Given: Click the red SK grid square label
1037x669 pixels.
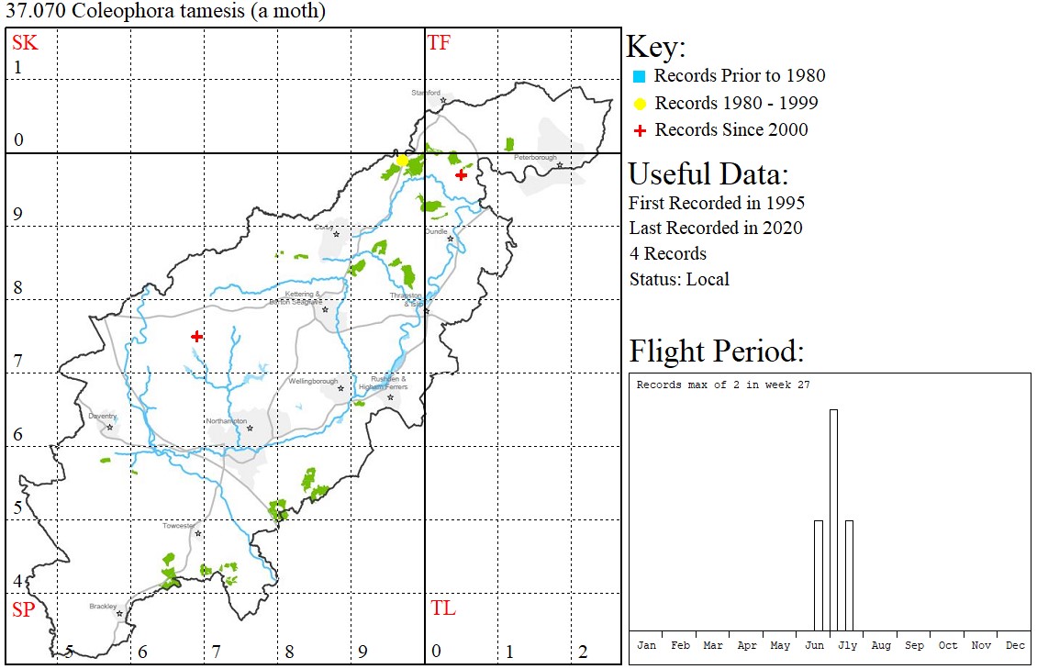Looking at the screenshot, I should [24, 42].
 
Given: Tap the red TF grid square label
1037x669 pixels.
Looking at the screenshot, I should [440, 42].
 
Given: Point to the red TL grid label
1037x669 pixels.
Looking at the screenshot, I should [442, 608].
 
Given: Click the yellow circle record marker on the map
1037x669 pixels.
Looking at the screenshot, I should [402, 161].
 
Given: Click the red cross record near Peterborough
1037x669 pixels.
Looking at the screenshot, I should [461, 174].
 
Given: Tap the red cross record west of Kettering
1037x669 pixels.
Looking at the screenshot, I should [196, 337].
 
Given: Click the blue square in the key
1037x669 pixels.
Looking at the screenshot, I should [640, 76].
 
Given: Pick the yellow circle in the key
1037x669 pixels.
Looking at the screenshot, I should [640, 104].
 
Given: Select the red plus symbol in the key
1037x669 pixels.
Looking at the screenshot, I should [640, 130].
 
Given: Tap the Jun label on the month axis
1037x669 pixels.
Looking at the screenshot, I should [813, 645].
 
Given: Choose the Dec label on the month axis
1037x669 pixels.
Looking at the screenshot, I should [1014, 645].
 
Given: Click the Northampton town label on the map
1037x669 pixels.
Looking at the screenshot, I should [225, 420].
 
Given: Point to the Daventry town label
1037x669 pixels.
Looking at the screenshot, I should [102, 416].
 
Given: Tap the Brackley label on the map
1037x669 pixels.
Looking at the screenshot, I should [103, 606].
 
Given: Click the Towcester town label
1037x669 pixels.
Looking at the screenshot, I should [178, 526].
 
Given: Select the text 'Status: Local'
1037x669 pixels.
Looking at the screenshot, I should [679, 279].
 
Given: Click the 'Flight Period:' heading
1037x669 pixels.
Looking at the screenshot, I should [716, 351].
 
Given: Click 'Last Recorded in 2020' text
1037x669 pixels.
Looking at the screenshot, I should [716, 228].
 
